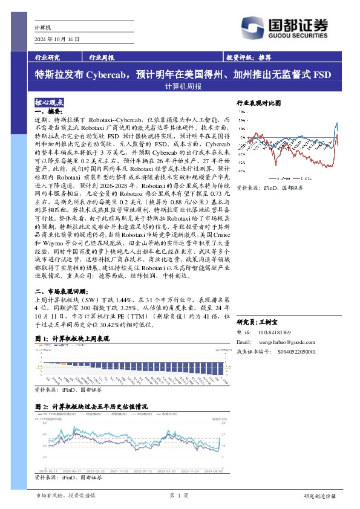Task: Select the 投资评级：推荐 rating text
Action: (247, 57)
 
